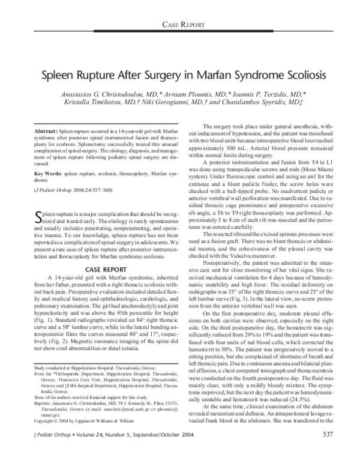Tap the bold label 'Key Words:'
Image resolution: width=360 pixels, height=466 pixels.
pyautogui.click(x=46, y=172)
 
